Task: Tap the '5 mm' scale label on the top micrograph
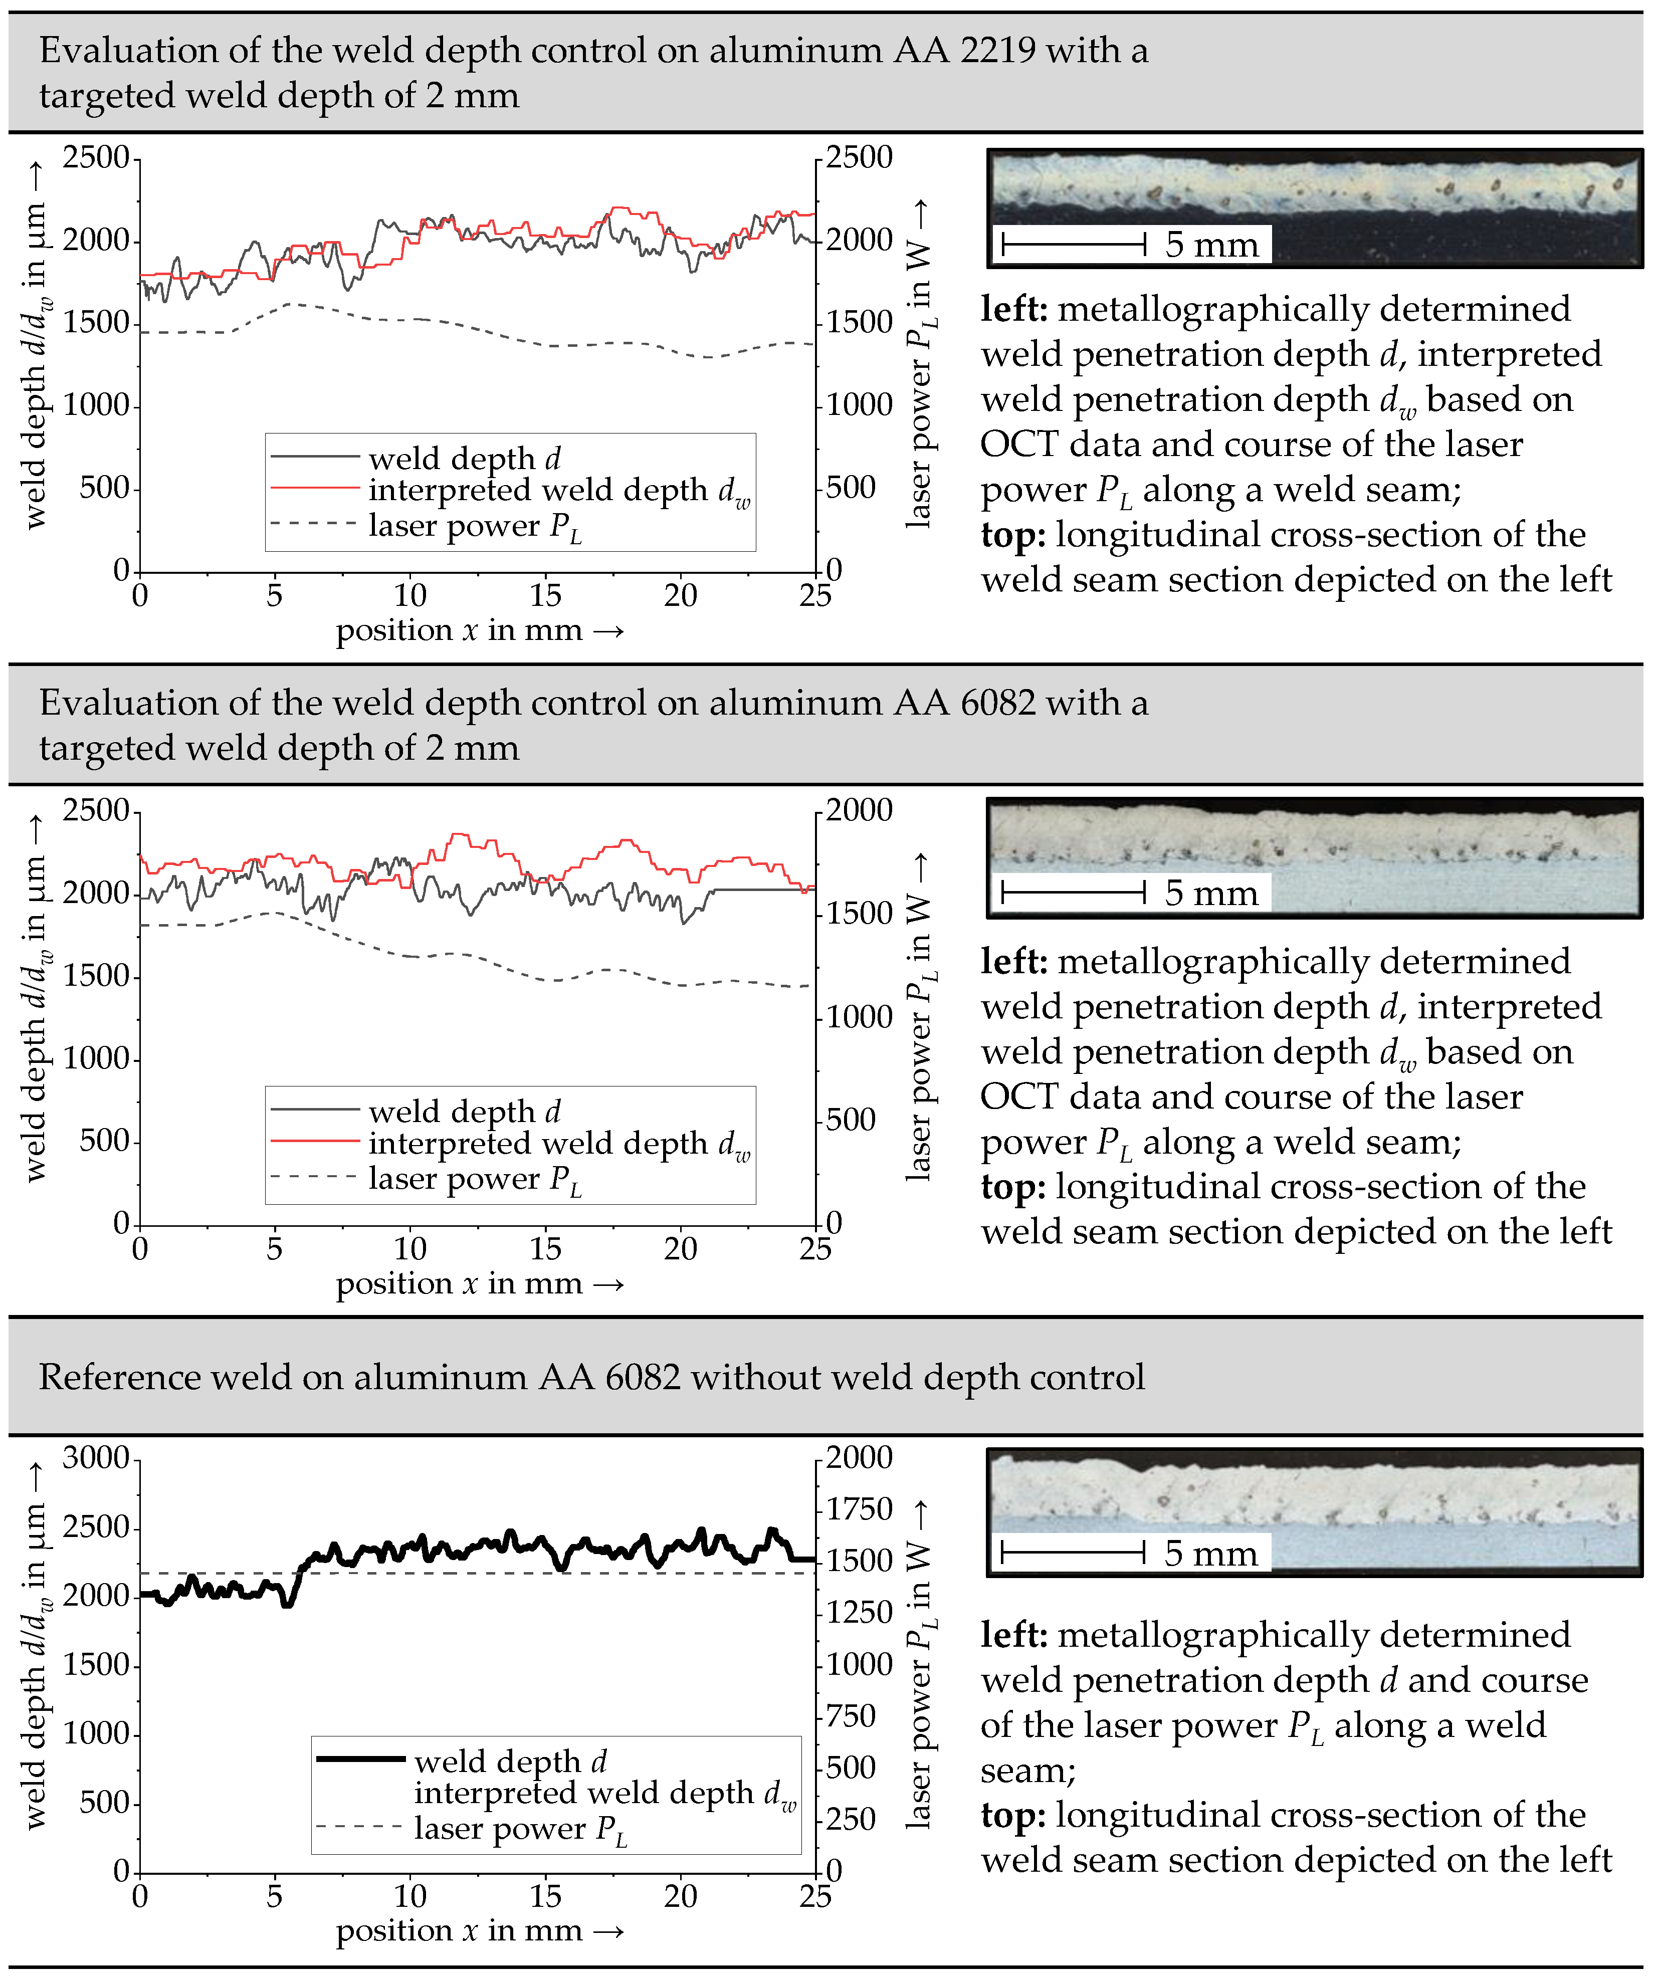pos(1211,245)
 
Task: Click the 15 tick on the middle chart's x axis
pos(545,1250)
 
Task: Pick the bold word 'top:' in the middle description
pos(1012,1187)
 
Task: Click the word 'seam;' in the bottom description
pos(1027,1771)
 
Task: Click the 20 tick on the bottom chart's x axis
pos(681,1897)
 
